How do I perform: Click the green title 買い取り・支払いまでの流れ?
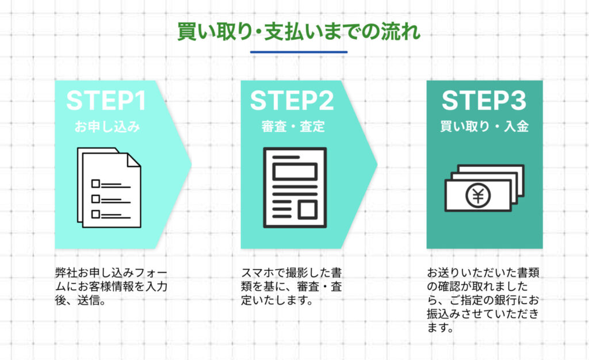299,32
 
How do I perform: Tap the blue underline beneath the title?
299,52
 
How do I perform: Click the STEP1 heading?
106,101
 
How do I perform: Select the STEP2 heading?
292,101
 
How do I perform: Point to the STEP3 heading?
484,101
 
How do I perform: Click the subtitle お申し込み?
107,127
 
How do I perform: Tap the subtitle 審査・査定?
293,127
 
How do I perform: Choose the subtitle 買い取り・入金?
484,127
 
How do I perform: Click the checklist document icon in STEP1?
109,187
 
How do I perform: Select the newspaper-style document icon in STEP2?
295,187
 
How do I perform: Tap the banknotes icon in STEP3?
484,188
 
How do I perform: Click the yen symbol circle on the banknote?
478,196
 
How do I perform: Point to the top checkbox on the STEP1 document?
96,183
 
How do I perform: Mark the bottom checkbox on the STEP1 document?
96,214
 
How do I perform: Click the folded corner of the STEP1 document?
133,160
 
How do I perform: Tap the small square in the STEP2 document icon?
308,209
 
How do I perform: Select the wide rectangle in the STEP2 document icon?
295,172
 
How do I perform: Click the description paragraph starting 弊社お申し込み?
111,286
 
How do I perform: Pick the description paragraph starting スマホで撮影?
292,286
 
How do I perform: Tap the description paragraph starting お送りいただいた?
483,300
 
